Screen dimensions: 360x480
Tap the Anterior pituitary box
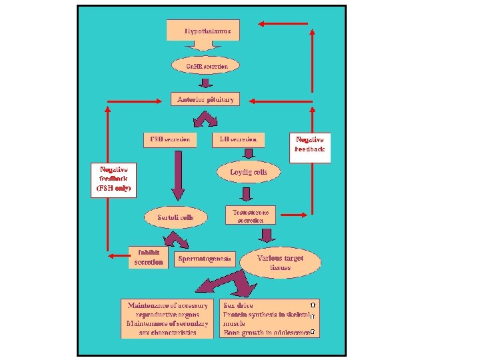[x=205, y=99]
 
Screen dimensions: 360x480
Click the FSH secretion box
[x=169, y=140]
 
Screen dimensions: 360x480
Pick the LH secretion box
[x=238, y=140]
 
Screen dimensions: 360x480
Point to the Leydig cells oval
[x=248, y=172]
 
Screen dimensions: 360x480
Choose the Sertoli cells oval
[x=175, y=217]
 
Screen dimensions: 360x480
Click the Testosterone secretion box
[x=250, y=215]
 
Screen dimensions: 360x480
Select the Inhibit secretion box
[x=148, y=257]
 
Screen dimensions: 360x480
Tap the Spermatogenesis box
[x=205, y=259]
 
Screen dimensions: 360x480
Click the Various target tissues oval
[x=280, y=263]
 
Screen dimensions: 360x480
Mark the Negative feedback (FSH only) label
[x=113, y=179]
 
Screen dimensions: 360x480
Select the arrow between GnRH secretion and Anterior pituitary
[x=206, y=83]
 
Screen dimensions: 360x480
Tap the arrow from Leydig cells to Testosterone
[x=247, y=193]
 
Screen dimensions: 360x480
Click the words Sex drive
[x=238, y=306]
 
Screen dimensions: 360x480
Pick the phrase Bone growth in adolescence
[x=267, y=332]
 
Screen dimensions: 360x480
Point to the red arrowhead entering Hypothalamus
[x=262, y=24]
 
